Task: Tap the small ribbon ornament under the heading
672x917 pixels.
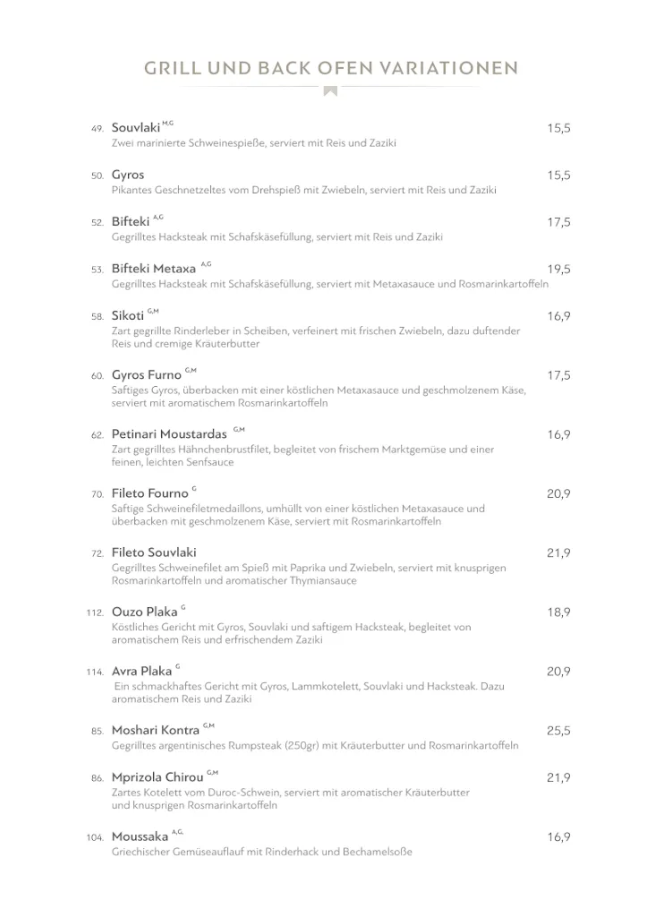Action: tap(330, 90)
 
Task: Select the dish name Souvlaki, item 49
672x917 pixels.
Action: tap(136, 128)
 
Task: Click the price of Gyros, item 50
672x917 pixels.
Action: tap(558, 176)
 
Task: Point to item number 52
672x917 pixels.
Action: tap(98, 223)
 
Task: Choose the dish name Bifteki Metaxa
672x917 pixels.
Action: tap(153, 269)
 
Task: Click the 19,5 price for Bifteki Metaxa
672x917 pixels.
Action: tap(558, 270)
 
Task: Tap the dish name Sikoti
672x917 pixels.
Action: tap(128, 316)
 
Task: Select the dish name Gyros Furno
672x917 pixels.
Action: tap(146, 375)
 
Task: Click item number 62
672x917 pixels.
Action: tap(98, 435)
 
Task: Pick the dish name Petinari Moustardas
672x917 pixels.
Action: tap(169, 434)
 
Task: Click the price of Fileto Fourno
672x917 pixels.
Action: tap(558, 494)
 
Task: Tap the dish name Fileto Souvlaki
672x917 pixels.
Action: tap(154, 553)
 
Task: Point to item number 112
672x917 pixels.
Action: tap(95, 613)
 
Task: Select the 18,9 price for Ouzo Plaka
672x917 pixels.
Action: tap(558, 613)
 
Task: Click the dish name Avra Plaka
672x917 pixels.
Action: tap(141, 672)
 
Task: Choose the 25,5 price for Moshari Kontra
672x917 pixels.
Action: tap(558, 731)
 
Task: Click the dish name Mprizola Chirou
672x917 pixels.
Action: tap(157, 777)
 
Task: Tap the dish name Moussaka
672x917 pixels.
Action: tap(140, 837)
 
